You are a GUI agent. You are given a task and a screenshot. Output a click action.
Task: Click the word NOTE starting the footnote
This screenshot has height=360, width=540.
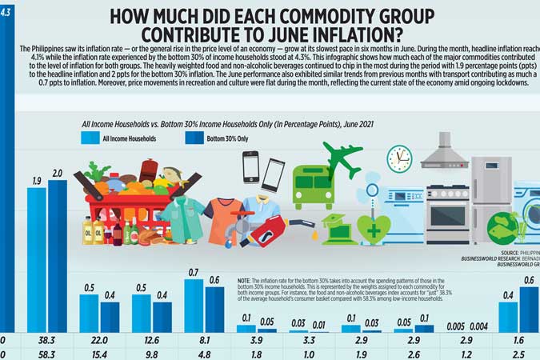point(245,282)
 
